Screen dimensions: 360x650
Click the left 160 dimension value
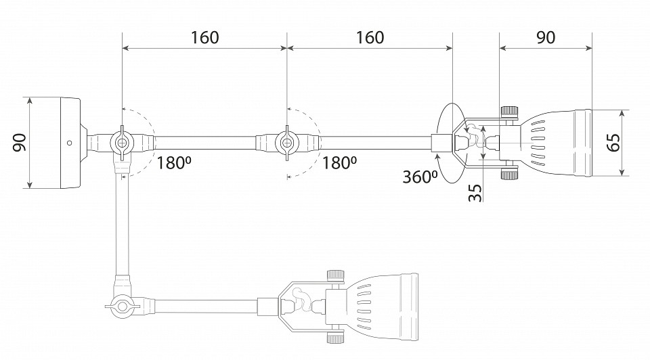pyautogui.click(x=204, y=37)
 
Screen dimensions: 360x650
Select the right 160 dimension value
pyautogui.click(x=370, y=37)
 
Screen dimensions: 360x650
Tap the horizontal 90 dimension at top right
pyautogui.click(x=546, y=37)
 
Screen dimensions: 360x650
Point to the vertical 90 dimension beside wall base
pyautogui.click(x=19, y=142)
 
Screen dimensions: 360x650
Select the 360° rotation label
pyautogui.click(x=420, y=177)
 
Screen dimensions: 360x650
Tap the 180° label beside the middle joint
pyautogui.click(x=340, y=163)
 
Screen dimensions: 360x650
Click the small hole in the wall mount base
pyautogui.click(x=69, y=143)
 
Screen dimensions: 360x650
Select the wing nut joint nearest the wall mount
pyautogui.click(x=122, y=143)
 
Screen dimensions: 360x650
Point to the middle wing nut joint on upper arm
pyautogui.click(x=287, y=143)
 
